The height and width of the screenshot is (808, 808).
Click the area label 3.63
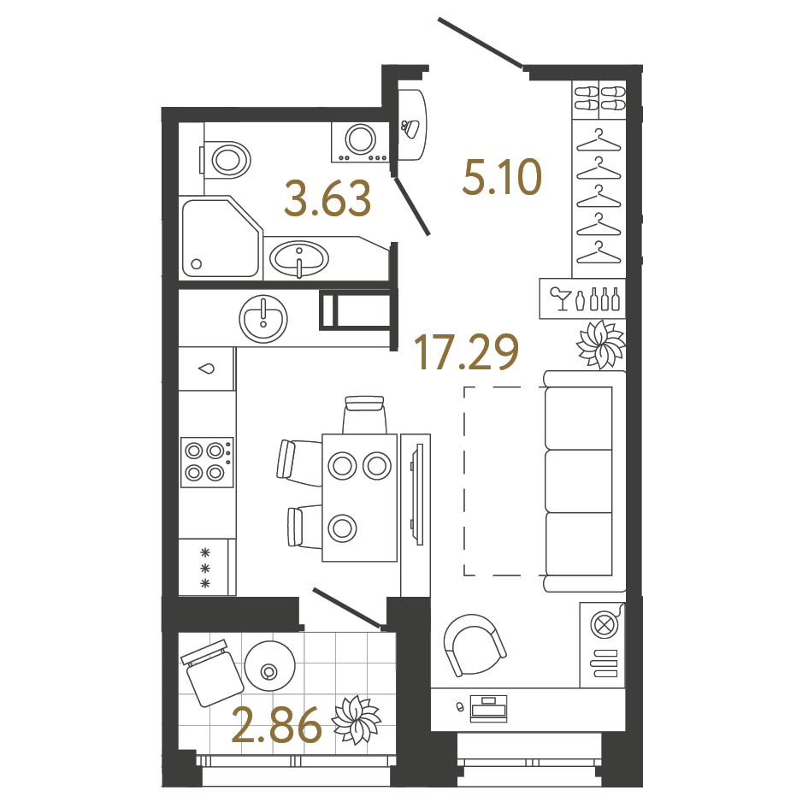tap(328, 198)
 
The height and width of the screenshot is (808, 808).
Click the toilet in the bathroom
tap(227, 158)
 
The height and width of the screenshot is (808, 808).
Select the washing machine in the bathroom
tap(360, 141)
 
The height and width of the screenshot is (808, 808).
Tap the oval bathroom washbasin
tap(298, 256)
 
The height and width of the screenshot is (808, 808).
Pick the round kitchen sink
tap(264, 318)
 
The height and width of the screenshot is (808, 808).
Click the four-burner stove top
tap(207, 461)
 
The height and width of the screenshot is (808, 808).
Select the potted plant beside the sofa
tap(601, 343)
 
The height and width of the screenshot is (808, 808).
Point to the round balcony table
tap(270, 669)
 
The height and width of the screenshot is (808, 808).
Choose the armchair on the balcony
tap(210, 672)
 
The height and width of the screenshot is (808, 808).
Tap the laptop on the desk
tap(489, 707)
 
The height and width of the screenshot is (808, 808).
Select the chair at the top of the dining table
tap(364, 415)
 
